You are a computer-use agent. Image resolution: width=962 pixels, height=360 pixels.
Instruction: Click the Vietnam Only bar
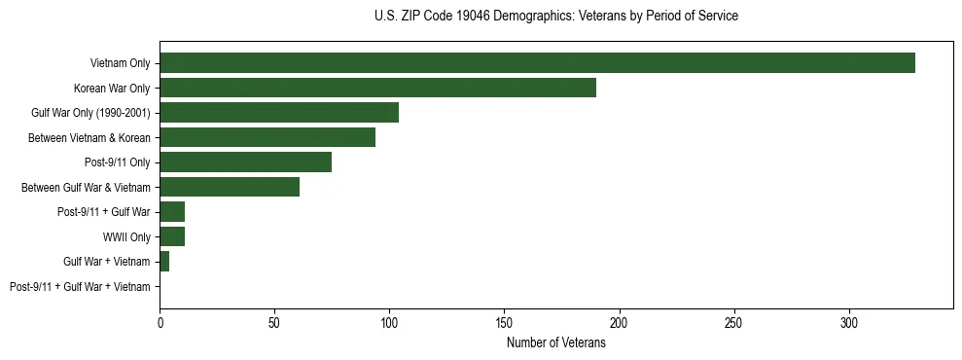click(x=537, y=63)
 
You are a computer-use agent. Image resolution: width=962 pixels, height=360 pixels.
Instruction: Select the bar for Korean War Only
click(x=377, y=88)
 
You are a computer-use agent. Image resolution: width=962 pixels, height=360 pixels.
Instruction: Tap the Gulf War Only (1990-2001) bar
click(x=279, y=113)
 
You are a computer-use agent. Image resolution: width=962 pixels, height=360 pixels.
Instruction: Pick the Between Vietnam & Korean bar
click(x=267, y=137)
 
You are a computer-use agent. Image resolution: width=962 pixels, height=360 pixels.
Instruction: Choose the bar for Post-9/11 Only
click(x=245, y=162)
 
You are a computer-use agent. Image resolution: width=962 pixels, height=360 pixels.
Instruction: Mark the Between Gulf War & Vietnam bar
click(x=230, y=187)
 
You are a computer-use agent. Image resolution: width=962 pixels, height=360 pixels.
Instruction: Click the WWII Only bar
click(x=172, y=236)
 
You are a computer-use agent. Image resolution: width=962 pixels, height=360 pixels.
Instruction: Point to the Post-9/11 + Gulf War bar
click(x=172, y=212)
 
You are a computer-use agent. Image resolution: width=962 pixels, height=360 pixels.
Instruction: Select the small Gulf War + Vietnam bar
click(x=164, y=262)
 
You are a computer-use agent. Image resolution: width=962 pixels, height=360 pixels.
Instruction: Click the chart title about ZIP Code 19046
click(x=555, y=17)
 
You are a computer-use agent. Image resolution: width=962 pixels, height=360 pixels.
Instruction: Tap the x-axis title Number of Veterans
click(x=555, y=343)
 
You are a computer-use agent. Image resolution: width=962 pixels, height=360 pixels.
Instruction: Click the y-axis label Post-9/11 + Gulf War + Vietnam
click(x=80, y=287)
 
